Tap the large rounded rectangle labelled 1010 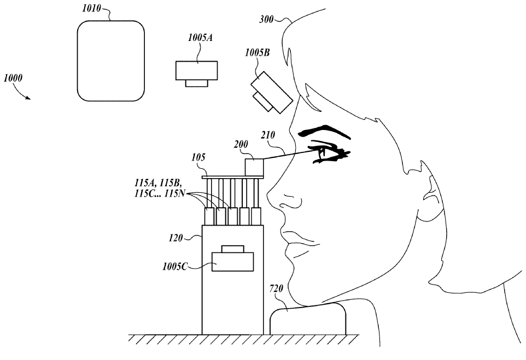[110, 60]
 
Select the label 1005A [200, 38]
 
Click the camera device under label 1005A [196, 73]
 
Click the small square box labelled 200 [254, 167]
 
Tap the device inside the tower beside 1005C [233, 259]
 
